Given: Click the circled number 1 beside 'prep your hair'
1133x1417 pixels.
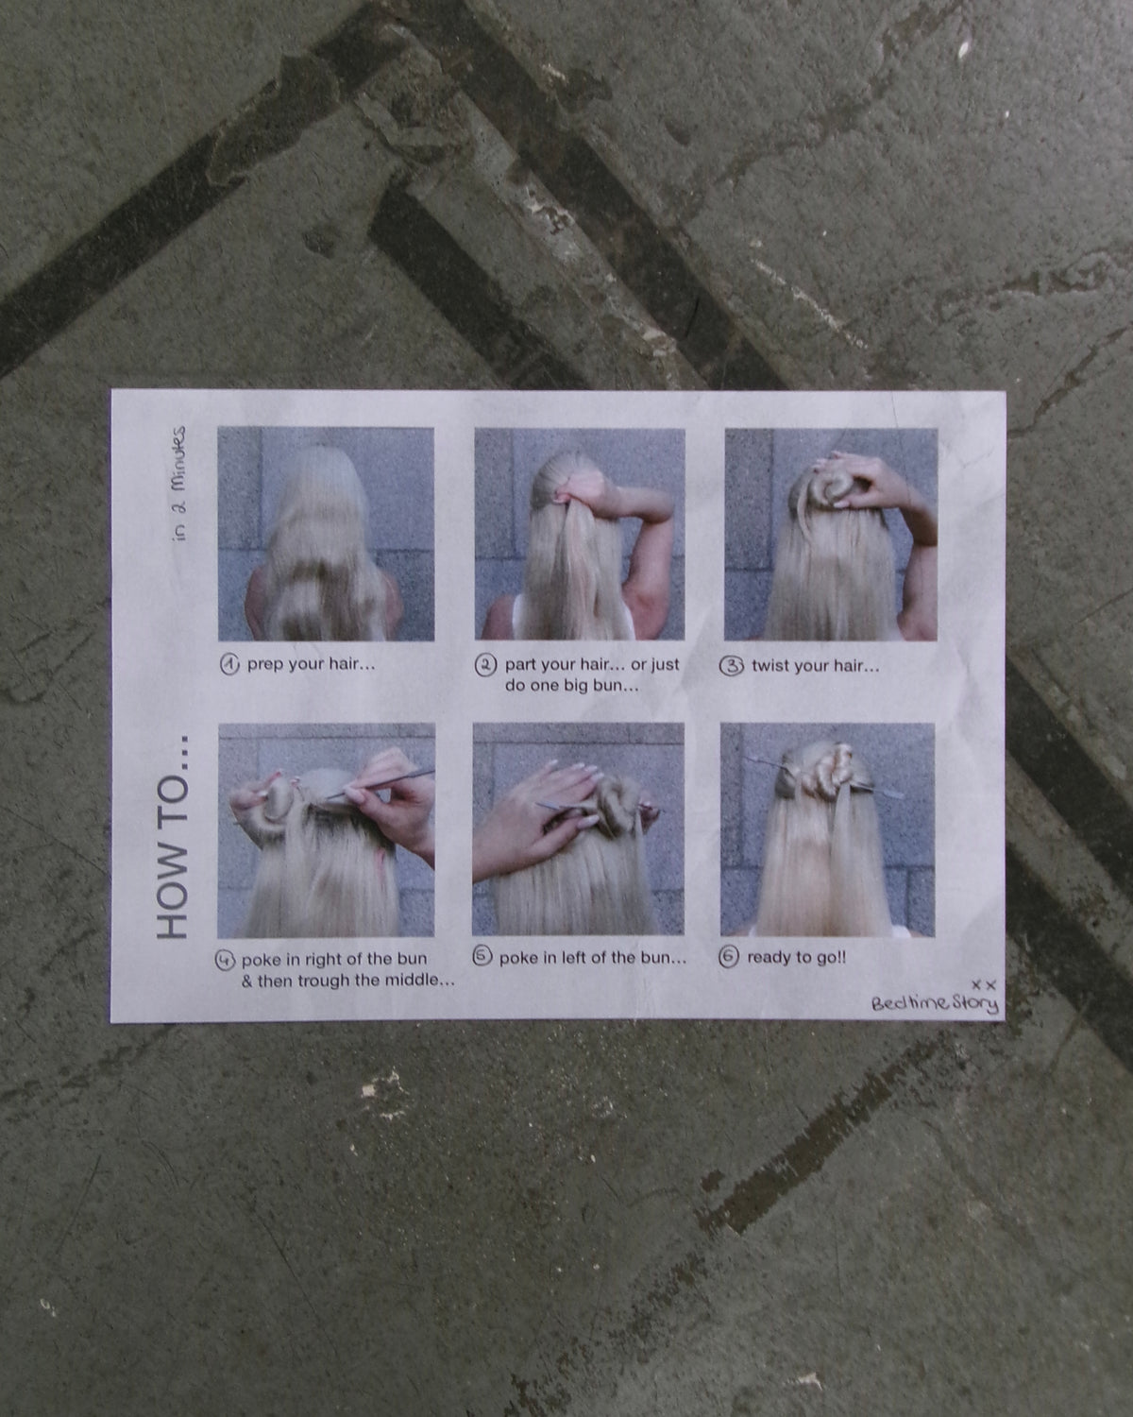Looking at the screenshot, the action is (229, 665).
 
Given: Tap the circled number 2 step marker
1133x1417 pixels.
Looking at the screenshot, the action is (485, 666).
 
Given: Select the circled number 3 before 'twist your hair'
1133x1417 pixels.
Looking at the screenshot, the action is (731, 666).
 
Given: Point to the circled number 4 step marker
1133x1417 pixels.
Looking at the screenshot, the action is (225, 960).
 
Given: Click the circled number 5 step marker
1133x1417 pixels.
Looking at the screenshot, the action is (482, 957).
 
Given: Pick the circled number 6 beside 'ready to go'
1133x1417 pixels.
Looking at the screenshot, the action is (728, 957).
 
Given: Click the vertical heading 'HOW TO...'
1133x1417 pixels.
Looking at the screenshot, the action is (173, 837).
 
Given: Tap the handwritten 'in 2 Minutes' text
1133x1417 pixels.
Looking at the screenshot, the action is (178, 484).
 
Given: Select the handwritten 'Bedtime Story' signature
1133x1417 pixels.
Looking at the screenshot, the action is (935, 1003).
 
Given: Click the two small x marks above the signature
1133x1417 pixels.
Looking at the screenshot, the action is (984, 985).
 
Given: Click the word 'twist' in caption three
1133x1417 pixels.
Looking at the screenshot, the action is (771, 666).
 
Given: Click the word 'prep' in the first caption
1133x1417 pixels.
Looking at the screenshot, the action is (265, 665).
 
